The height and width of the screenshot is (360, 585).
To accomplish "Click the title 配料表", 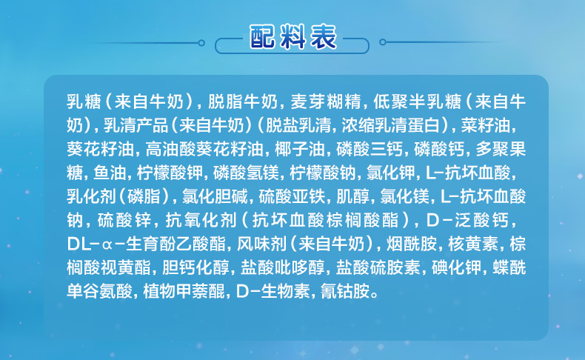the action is coord(293,37).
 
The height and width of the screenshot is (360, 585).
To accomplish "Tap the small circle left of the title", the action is coord(201,43).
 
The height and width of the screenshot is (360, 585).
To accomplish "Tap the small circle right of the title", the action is coord(382,42).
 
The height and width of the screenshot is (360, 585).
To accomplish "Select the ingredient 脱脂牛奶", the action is coord(243,101).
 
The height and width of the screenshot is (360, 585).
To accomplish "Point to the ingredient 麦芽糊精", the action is coord(326,101).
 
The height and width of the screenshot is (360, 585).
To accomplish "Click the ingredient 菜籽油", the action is coord(486,125).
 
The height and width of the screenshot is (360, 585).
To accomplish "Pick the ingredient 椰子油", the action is coord(300,149).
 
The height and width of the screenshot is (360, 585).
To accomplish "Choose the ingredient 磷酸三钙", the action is coord(370,149).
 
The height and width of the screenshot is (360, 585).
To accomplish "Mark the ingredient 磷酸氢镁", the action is coord(247,173).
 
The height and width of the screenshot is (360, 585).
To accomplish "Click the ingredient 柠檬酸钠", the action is coord(323,173).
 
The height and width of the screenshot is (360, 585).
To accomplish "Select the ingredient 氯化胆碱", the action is coord(215,196).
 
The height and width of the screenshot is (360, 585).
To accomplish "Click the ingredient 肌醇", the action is coord(352,196).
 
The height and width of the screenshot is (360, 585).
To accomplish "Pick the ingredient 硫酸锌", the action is coord(124,221).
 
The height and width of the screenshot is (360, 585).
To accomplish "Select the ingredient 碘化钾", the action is coord(456,268).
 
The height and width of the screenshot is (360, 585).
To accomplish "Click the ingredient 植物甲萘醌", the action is coord(184,291).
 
